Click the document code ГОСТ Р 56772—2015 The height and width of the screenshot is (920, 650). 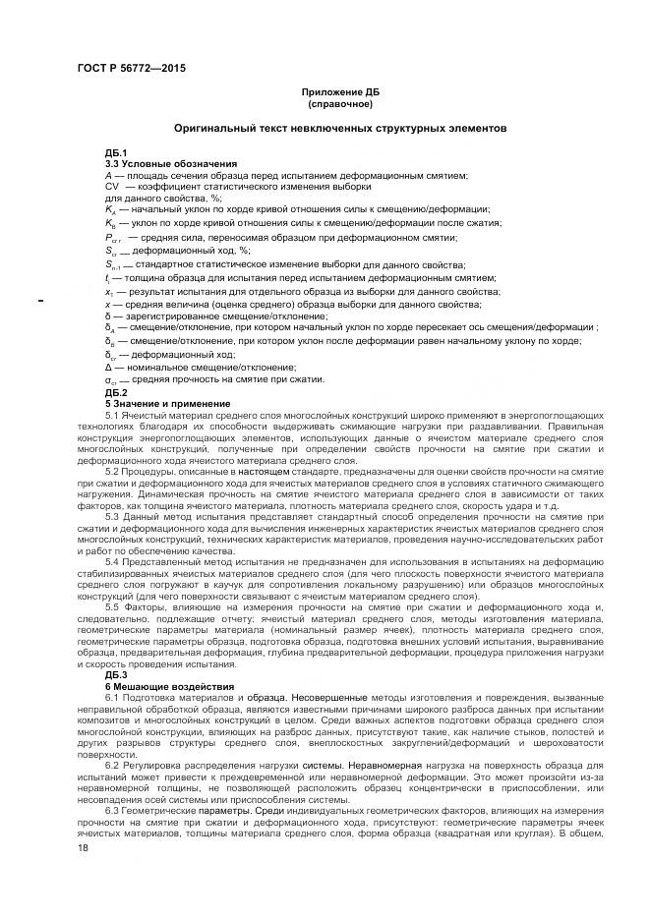click(130, 68)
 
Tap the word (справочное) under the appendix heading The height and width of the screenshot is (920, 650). click(339, 103)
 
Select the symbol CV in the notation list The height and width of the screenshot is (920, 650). click(112, 185)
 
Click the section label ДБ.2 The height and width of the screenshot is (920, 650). click(116, 392)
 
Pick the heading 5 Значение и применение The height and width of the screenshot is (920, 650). click(168, 403)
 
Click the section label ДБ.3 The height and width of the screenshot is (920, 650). click(116, 675)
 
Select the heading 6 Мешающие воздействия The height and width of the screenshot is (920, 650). click(170, 686)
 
